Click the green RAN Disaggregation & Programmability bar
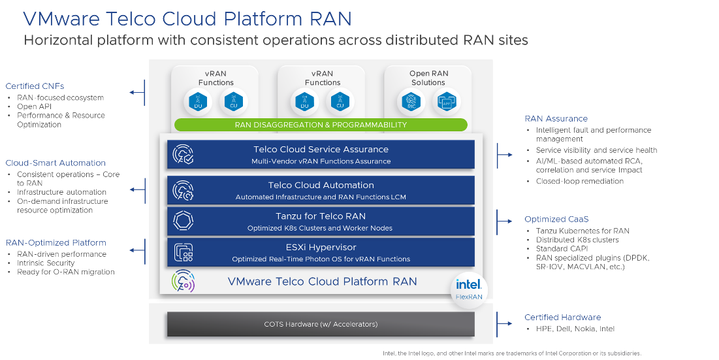[x=321, y=125]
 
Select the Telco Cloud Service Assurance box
[x=321, y=155]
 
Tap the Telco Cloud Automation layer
[x=321, y=190]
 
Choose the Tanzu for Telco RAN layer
[x=321, y=221]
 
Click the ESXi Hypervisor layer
[x=321, y=253]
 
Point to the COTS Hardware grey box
[x=321, y=324]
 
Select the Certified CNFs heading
[x=35, y=86]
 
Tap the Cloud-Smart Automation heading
[x=56, y=163]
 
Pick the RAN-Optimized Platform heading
[x=56, y=242]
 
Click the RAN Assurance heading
[x=556, y=118]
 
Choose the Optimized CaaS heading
[x=556, y=219]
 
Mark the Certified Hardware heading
[x=562, y=318]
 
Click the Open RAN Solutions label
[x=428, y=78]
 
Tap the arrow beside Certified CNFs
[x=137, y=93]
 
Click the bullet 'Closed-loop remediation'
[x=580, y=181]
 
